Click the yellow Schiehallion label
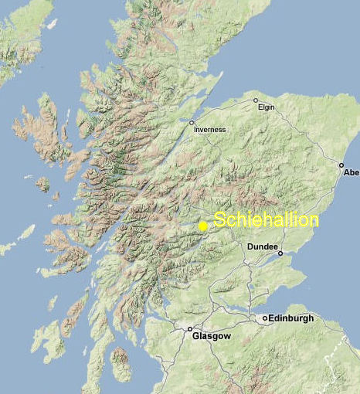click(266, 220)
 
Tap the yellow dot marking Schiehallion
click(202, 226)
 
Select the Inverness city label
click(210, 130)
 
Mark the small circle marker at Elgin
click(256, 100)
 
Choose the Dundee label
click(261, 246)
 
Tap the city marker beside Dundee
click(280, 253)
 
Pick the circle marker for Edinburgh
click(265, 318)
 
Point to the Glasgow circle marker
click(190, 328)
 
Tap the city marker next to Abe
click(341, 165)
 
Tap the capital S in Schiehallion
click(219, 220)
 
